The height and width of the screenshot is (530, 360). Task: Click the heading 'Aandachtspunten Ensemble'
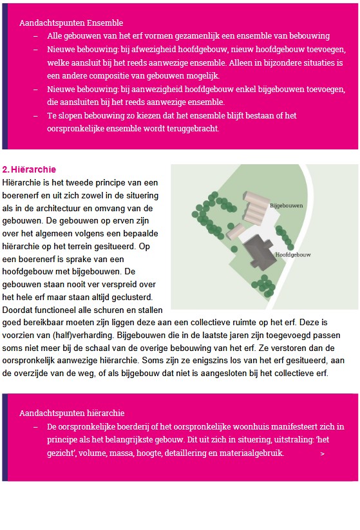[x=71, y=23]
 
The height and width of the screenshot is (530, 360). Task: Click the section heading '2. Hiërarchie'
[x=29, y=170]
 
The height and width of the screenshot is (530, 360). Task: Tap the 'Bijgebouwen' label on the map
[x=286, y=205]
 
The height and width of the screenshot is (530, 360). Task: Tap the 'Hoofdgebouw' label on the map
[x=292, y=255]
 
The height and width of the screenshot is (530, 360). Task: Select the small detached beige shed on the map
[x=236, y=231]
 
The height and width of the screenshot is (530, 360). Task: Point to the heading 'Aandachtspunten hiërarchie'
[x=71, y=413]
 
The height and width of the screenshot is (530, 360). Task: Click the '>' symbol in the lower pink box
[x=322, y=454]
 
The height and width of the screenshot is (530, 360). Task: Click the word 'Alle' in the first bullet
[x=55, y=36]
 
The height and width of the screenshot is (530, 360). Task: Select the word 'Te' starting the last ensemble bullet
[x=52, y=116]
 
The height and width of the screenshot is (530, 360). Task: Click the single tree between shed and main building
[x=220, y=236]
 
